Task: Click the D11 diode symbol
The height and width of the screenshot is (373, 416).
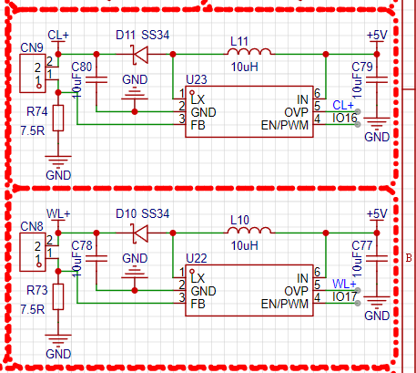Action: click(140, 55)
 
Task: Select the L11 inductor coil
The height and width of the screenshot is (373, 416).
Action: click(249, 52)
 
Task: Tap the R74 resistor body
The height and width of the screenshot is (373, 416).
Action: click(58, 119)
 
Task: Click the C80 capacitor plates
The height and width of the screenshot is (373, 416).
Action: click(96, 79)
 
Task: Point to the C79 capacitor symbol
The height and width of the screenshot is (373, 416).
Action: click(377, 79)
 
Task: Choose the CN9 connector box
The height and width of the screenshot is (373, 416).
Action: click(33, 73)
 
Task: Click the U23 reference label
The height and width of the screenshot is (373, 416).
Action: click(197, 79)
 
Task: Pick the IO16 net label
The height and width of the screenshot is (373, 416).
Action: click(345, 119)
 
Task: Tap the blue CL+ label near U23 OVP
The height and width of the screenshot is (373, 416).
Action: click(343, 105)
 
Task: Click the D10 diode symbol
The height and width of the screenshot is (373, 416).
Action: click(140, 233)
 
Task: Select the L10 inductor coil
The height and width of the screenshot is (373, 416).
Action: click(249, 231)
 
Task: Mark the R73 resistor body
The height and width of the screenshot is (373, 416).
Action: click(58, 297)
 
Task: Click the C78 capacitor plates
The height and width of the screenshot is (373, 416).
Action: click(96, 258)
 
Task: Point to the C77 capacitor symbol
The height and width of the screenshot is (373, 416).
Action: click(377, 258)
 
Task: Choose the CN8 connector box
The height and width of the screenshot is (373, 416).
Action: click(33, 252)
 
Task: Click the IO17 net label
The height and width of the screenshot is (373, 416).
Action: click(345, 297)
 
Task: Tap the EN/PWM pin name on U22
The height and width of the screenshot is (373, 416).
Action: click(285, 304)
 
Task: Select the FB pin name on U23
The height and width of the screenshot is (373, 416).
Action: click(198, 125)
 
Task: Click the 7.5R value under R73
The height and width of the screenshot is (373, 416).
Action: click(33, 309)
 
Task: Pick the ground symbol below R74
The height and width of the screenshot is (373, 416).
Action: click(58, 161)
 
